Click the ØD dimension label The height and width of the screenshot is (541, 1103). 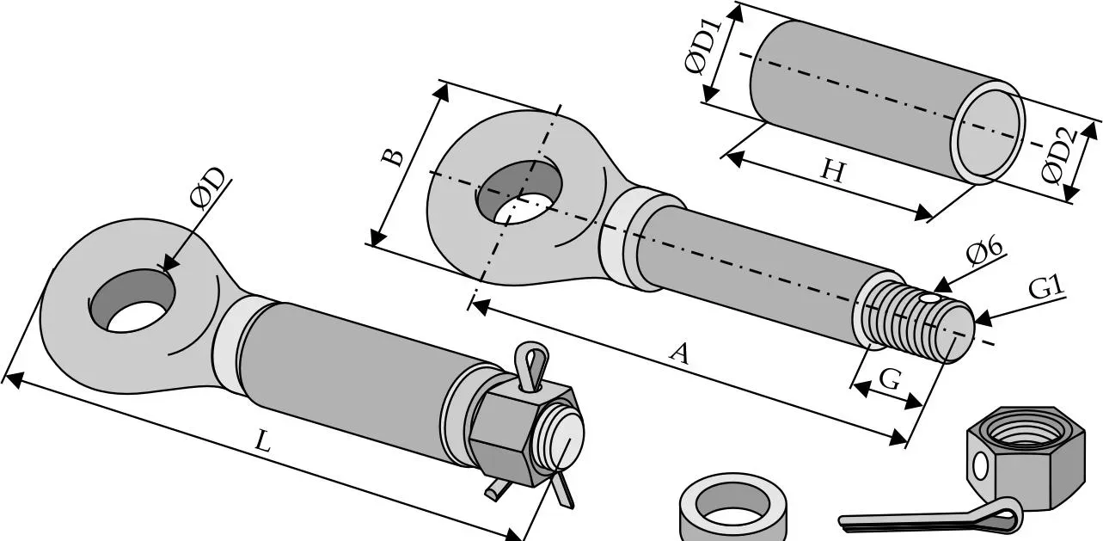pos(208,188)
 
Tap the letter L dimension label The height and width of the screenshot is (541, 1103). pos(263,441)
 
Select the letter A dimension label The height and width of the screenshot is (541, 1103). pos(679,354)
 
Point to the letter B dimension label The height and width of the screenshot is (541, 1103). pos(393,157)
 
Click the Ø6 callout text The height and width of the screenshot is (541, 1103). pos(984,252)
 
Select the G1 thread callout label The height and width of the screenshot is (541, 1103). pos(1046,287)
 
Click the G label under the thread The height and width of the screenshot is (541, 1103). pos(890,380)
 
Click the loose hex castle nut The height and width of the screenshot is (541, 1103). pos(1026,458)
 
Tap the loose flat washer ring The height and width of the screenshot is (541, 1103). pos(732,508)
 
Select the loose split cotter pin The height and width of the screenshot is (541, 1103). pos(931,516)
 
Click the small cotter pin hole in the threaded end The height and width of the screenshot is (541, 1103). pos(930,299)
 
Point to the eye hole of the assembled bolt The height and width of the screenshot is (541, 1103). pos(132,300)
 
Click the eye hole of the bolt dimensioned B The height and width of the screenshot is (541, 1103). pos(519,192)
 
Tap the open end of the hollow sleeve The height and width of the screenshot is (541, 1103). pos(987,133)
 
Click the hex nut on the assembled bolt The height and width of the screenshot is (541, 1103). pos(523,433)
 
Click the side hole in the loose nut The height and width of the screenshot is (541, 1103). pos(980,465)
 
